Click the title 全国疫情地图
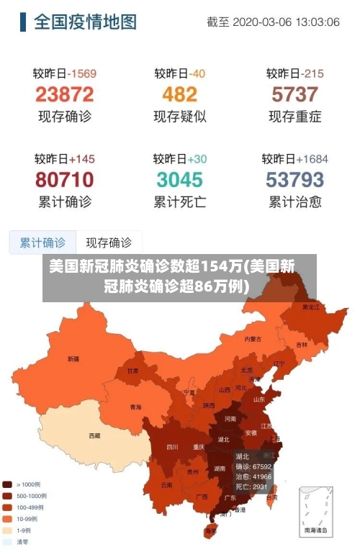click(x=85, y=22)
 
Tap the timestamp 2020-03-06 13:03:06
click(x=273, y=22)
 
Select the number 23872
click(x=64, y=94)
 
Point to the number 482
click(x=179, y=94)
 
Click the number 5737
click(x=294, y=94)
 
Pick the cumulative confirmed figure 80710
click(x=64, y=179)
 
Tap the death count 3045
click(x=179, y=179)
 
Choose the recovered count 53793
click(x=294, y=179)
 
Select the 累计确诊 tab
click(x=42, y=243)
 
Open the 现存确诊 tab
click(x=109, y=243)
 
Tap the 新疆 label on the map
click(x=73, y=358)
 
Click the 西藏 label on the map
click(x=94, y=435)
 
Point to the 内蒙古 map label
click(x=253, y=338)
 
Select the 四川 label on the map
click(x=172, y=447)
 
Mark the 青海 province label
click(x=136, y=407)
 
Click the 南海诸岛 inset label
click(x=317, y=530)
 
